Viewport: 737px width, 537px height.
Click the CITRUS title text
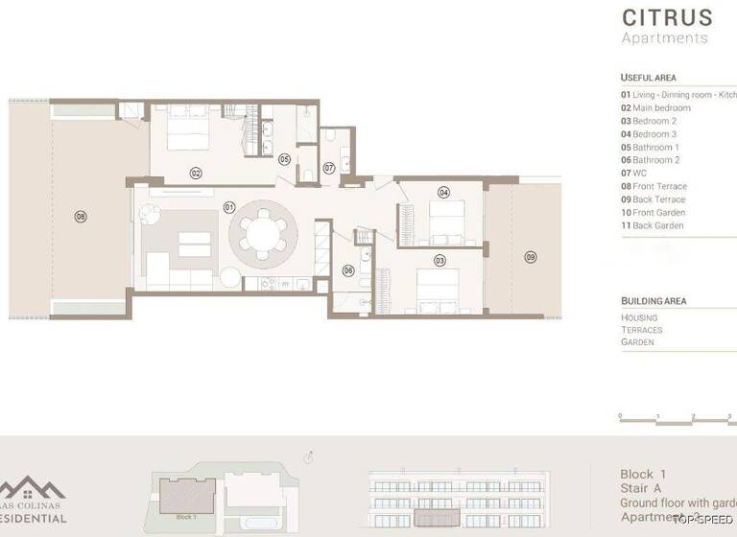pos(667,17)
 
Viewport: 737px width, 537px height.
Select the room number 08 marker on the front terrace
pos(81,217)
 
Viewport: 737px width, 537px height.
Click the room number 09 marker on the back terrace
pos(530,257)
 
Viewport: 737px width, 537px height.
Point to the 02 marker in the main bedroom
pos(195,174)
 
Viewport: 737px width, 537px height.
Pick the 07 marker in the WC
pos(328,168)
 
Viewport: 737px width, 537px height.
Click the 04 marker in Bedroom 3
pos(443,192)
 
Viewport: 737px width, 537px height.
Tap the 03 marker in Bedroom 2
pos(440,260)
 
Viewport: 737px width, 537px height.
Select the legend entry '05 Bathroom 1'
pos(650,148)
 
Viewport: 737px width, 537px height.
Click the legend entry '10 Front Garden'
pos(653,213)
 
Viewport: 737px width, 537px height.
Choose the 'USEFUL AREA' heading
pos(650,78)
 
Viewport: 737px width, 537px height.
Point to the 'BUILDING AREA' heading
pos(654,301)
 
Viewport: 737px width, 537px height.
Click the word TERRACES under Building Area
pos(641,330)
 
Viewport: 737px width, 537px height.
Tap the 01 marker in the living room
pos(229,206)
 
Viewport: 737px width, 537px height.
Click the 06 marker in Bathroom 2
pos(348,270)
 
